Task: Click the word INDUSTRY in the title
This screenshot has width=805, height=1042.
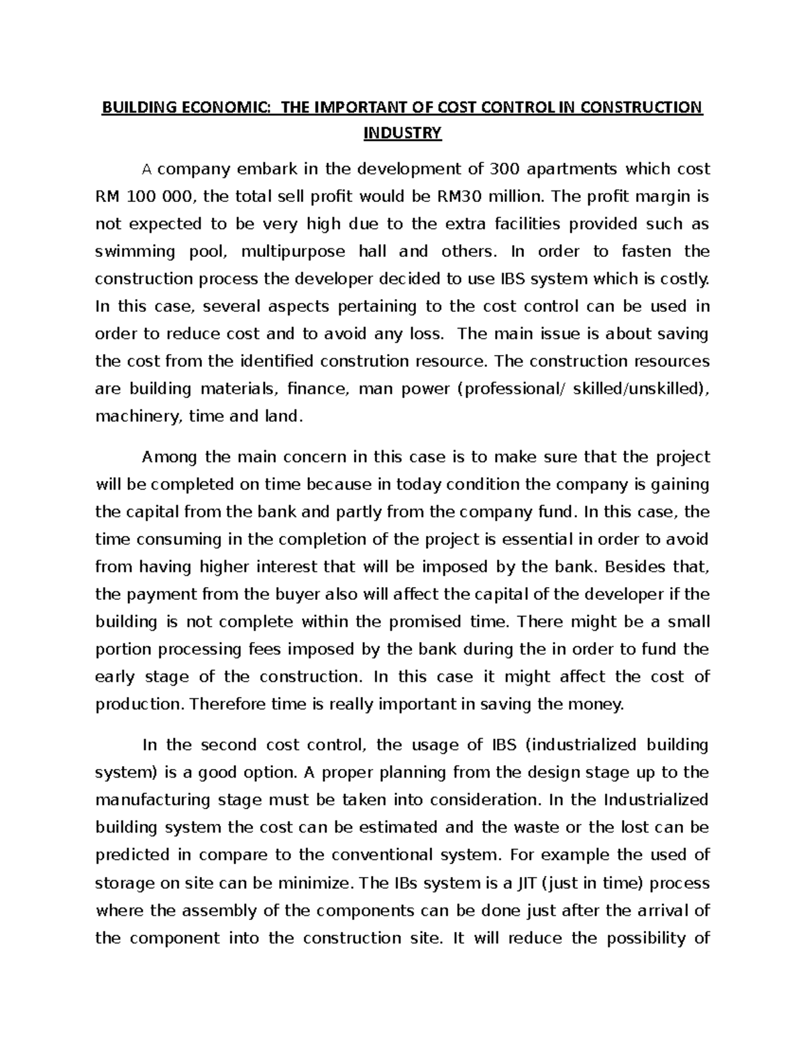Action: pos(402,134)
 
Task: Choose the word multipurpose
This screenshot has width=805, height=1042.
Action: pos(293,252)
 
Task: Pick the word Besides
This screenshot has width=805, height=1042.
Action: pos(633,567)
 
